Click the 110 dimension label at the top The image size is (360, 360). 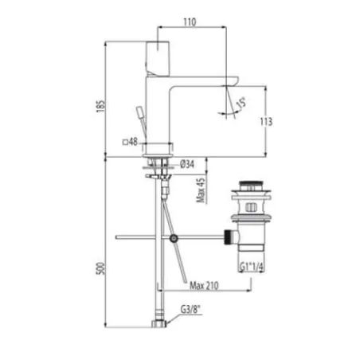190,22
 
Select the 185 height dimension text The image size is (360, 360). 101,106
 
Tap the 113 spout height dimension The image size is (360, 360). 266,122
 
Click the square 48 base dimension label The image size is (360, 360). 130,142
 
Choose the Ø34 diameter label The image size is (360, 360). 187,164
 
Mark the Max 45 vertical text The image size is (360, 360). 201,190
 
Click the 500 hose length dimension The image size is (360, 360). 101,268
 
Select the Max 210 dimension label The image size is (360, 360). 204,286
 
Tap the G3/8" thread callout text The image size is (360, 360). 190,310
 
